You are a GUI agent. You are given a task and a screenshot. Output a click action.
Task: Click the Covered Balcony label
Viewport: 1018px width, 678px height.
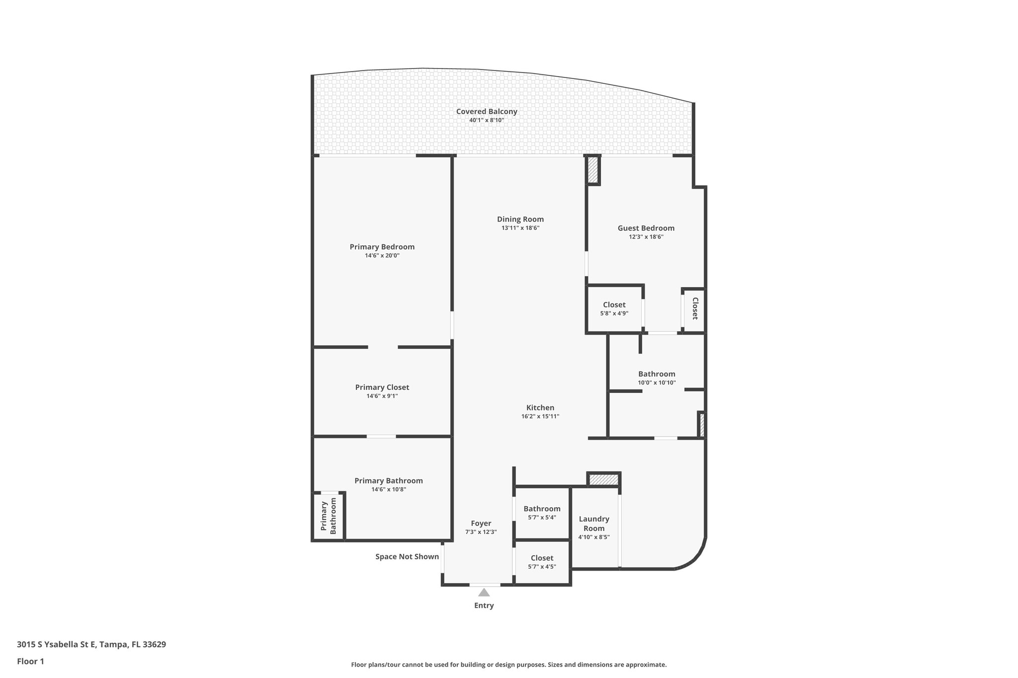(487, 112)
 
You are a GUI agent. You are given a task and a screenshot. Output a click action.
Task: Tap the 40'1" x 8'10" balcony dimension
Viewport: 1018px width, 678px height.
(487, 120)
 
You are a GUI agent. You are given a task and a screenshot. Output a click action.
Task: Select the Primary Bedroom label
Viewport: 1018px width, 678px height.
(382, 247)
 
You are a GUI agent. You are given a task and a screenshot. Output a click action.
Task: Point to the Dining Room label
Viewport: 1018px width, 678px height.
(520, 219)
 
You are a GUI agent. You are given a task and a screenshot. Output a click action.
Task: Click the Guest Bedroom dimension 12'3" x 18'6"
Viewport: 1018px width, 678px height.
(646, 237)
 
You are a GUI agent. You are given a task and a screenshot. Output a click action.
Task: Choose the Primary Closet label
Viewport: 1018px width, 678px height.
(382, 387)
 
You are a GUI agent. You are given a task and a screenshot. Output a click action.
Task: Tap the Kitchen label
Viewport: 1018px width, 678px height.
(540, 408)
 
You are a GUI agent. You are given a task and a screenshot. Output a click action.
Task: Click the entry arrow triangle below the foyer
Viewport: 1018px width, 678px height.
(484, 592)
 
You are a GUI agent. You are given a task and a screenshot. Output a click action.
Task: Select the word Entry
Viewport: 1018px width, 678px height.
(484, 605)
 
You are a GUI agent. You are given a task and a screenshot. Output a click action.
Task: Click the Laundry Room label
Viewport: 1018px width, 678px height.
(594, 524)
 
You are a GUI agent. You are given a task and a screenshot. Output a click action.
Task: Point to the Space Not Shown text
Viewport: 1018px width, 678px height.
(407, 557)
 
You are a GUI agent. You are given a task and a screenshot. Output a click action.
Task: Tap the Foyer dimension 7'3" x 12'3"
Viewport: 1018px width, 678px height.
(481, 532)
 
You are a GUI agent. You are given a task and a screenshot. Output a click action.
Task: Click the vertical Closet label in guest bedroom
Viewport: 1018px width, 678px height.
(695, 308)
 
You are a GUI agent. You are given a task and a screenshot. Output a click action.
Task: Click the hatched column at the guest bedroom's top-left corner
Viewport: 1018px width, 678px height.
(593, 170)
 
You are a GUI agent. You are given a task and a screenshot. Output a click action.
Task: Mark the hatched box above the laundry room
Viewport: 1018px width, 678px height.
(603, 480)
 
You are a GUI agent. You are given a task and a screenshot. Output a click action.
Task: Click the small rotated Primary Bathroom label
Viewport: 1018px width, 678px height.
(328, 517)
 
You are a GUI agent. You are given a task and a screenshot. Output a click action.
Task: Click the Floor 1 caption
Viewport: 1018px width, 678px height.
(30, 661)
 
